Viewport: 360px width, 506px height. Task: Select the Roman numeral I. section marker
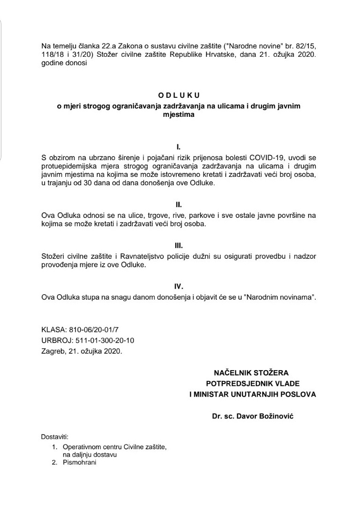[x=178, y=148]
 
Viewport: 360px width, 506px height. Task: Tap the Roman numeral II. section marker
[x=178, y=204]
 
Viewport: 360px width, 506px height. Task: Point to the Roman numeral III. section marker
[x=178, y=245]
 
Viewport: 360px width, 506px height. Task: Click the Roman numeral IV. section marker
[x=178, y=286]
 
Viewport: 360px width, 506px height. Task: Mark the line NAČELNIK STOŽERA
[x=251, y=373]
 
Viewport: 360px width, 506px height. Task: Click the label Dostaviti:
[x=54, y=437]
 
